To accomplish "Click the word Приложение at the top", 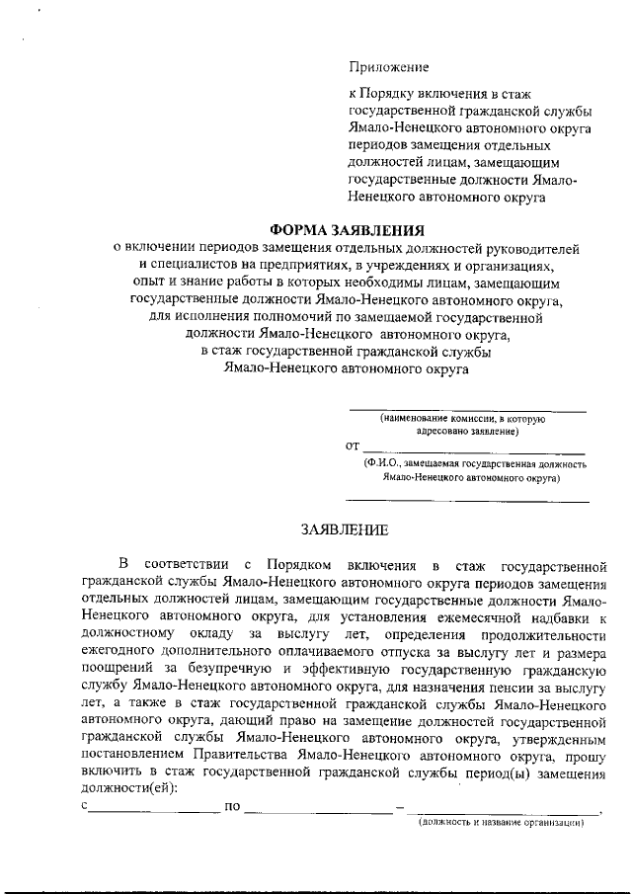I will coord(388,68).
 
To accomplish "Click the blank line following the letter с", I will coord(154,810).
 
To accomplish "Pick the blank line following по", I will coord(318,810).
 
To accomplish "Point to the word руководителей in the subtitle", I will coord(537,249).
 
